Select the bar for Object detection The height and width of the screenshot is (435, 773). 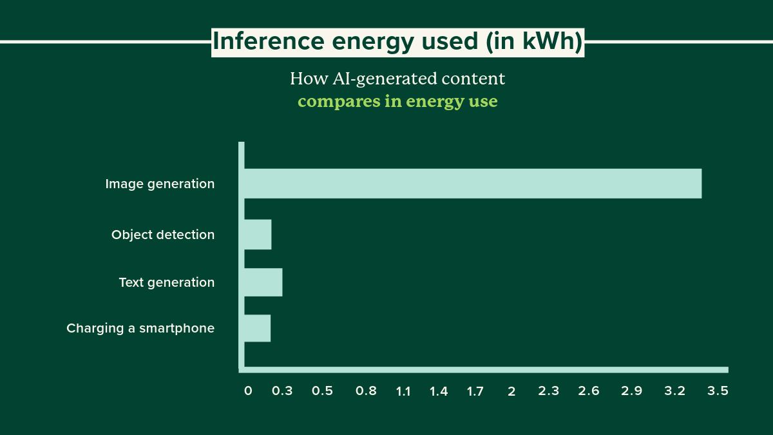[258, 235]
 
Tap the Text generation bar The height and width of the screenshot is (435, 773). [263, 282]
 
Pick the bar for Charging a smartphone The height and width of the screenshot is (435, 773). [257, 328]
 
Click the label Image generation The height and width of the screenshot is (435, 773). [160, 184]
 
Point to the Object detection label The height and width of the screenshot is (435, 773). [162, 235]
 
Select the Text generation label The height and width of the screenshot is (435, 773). [166, 282]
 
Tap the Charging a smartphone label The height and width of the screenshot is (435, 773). [140, 329]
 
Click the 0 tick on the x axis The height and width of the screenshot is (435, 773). [248, 391]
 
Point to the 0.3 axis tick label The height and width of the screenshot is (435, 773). [282, 391]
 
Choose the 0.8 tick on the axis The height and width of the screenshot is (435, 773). [365, 391]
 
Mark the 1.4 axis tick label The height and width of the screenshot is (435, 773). [439, 391]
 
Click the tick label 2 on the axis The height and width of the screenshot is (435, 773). [511, 391]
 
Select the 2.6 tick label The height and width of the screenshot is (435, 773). [589, 391]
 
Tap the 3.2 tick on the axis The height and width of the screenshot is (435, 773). [675, 391]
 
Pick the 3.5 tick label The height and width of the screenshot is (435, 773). [718, 391]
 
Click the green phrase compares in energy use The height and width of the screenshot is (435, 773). [397, 102]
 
